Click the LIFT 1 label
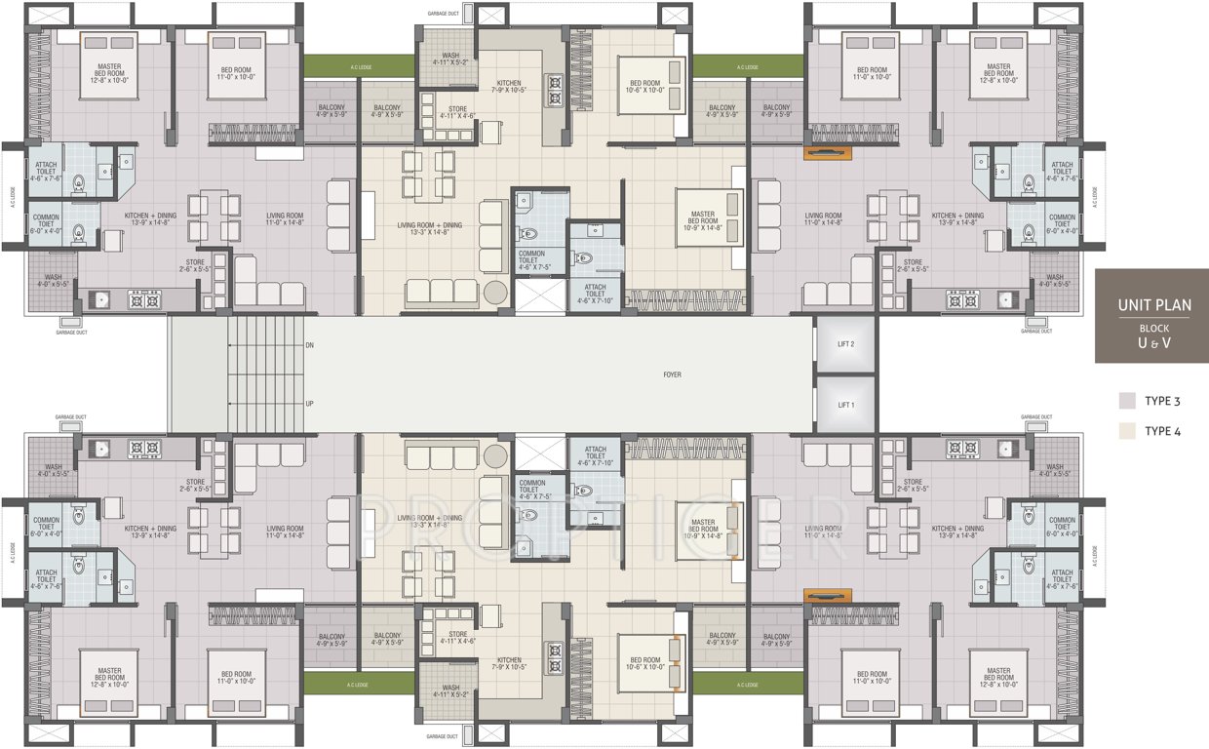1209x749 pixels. pos(845,404)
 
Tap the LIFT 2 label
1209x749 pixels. pos(845,344)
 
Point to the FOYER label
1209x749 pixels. pos(672,374)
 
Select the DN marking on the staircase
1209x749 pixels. pos(309,344)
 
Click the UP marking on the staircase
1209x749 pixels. pos(309,402)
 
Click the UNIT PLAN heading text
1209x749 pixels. pos(1153,305)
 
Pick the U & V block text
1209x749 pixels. pos(1153,343)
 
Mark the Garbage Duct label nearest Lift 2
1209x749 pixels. pos(1034,332)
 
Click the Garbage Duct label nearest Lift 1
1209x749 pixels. pos(1034,416)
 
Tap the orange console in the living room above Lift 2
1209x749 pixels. pos(828,152)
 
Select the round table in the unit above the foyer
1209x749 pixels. pos(495,292)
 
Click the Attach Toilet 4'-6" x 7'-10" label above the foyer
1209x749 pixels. pos(595,291)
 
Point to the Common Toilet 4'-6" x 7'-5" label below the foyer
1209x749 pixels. pos(532,489)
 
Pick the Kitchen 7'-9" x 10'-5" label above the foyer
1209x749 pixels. pos(508,87)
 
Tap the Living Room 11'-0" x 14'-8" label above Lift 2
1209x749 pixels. pos(824,219)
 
